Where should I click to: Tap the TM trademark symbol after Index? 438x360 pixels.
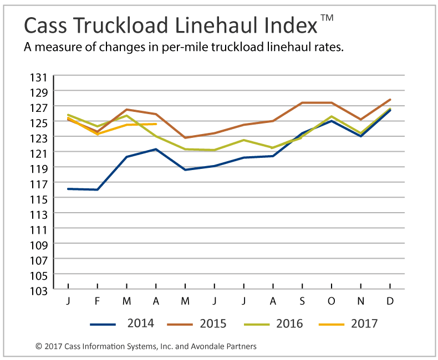point(327,18)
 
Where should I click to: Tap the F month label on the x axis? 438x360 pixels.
point(97,301)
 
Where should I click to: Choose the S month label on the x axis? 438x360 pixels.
point(302,301)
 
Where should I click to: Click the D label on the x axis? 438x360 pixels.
point(390,301)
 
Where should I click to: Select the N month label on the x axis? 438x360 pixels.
point(361,301)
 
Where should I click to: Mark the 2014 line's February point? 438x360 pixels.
point(97,189)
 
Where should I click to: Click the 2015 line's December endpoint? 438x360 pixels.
point(390,100)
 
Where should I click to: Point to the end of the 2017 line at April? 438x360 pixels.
point(156,124)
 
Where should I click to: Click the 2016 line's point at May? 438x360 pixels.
point(185,149)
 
